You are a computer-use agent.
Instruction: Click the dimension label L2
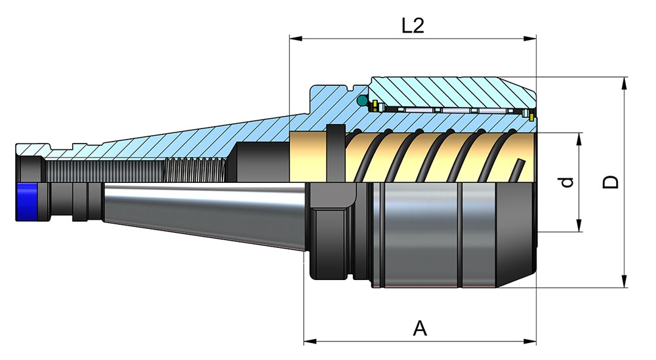click(413, 26)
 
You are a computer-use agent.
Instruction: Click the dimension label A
click(420, 328)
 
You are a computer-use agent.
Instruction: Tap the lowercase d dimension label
click(568, 182)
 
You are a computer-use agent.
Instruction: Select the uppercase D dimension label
click(611, 182)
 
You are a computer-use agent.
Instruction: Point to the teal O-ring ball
click(361, 102)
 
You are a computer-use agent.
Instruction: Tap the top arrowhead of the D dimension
click(624, 81)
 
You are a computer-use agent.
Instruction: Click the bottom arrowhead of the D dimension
click(624, 283)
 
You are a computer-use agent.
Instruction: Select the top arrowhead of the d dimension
click(580, 137)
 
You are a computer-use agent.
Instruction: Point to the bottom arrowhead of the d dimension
click(580, 228)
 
